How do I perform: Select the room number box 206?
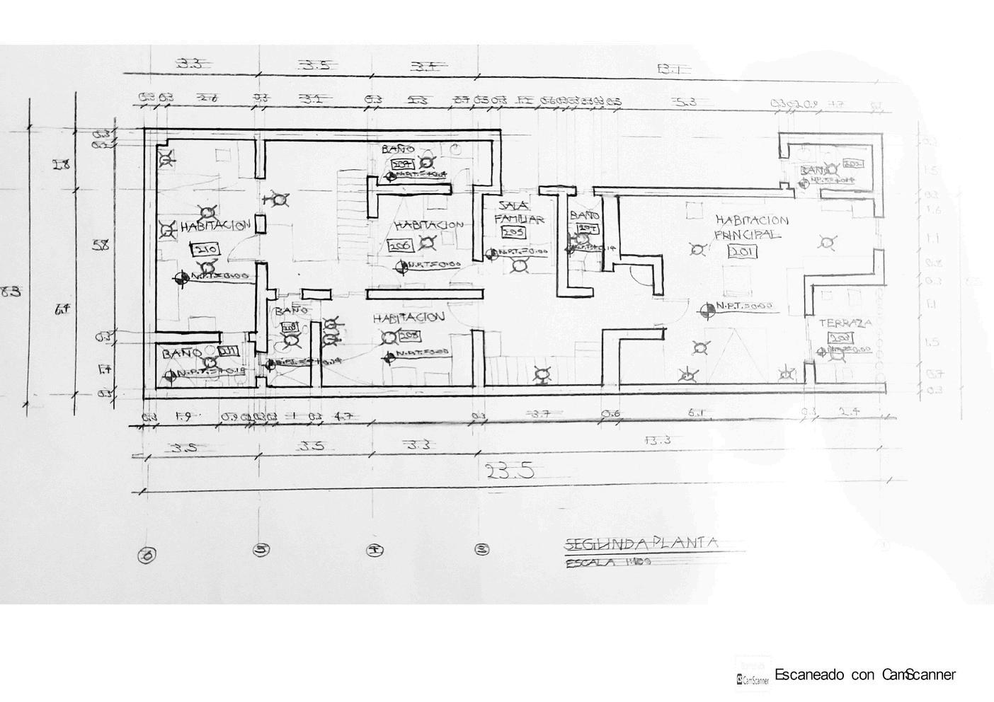coord(400,245)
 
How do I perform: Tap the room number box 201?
coord(743,251)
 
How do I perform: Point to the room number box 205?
coord(512,232)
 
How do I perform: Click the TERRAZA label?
coord(845,323)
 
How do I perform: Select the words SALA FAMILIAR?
coord(519,212)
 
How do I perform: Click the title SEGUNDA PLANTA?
coord(641,543)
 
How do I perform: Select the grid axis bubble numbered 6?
coord(147,556)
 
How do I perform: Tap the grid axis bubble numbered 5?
coord(262,550)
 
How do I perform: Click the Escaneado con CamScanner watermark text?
coord(864,674)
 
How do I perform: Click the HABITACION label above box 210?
coord(215,226)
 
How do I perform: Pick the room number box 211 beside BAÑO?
coord(227,351)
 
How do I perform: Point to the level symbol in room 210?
coord(182,278)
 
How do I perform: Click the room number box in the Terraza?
coord(840,338)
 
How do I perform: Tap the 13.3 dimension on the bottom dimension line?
coord(658,440)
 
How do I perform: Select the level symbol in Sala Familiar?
coord(490,253)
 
